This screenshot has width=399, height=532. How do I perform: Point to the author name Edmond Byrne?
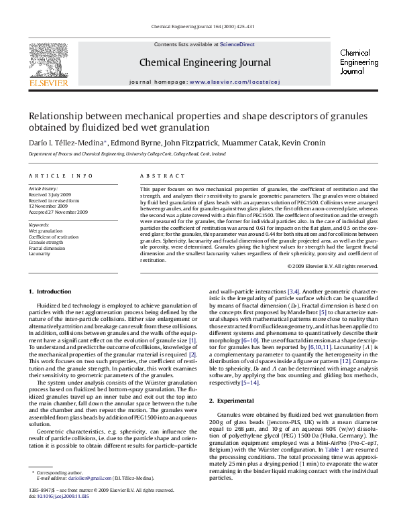click(133, 142)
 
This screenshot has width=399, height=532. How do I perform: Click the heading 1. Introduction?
click(49, 291)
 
